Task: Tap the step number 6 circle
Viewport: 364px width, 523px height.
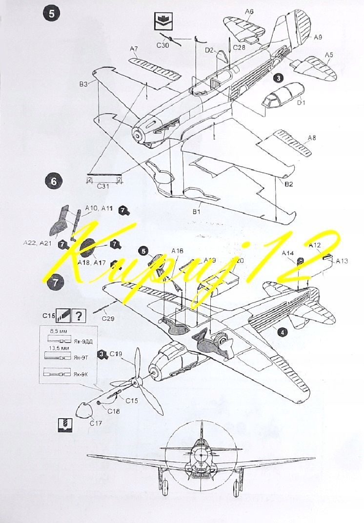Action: pos(53,182)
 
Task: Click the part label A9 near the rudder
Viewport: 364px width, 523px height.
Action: pos(318,37)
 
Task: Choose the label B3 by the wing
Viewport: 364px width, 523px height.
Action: pos(83,84)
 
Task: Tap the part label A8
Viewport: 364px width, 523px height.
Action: pos(311,138)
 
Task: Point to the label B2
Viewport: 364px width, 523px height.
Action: pos(288,184)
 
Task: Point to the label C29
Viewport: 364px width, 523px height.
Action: pos(108,319)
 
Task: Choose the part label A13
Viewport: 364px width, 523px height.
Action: pos(342,261)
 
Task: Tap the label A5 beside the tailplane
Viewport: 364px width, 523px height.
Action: pos(329,55)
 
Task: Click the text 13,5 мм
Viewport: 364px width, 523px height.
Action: pos(59,348)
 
